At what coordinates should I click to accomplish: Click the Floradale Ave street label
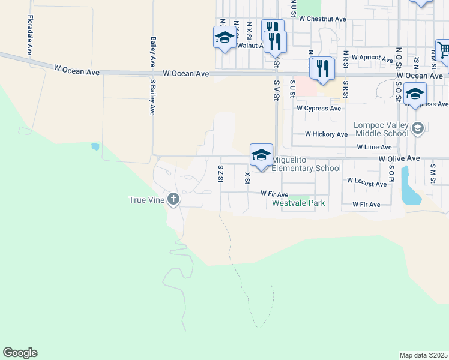pyautogui.click(x=29, y=35)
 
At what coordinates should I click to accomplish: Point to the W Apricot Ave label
pyautogui.click(x=371, y=57)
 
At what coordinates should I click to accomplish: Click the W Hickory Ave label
pyautogui.click(x=326, y=134)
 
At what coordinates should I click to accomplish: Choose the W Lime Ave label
pyautogui.click(x=373, y=147)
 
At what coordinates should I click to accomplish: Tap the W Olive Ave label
pyautogui.click(x=399, y=158)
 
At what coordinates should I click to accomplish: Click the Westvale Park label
pyautogui.click(x=298, y=203)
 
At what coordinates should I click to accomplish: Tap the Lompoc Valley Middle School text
pyautogui.click(x=381, y=129)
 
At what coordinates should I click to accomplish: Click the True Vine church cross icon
pyautogui.click(x=173, y=199)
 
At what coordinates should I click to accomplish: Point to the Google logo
pyautogui.click(x=20, y=352)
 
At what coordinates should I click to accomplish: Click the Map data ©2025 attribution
pyautogui.click(x=423, y=355)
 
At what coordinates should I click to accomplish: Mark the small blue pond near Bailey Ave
pyautogui.click(x=95, y=146)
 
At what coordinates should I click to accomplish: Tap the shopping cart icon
pyautogui.click(x=444, y=52)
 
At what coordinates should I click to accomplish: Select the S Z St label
pyautogui.click(x=220, y=174)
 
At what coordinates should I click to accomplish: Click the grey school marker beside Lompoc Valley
pyautogui.click(x=418, y=128)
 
